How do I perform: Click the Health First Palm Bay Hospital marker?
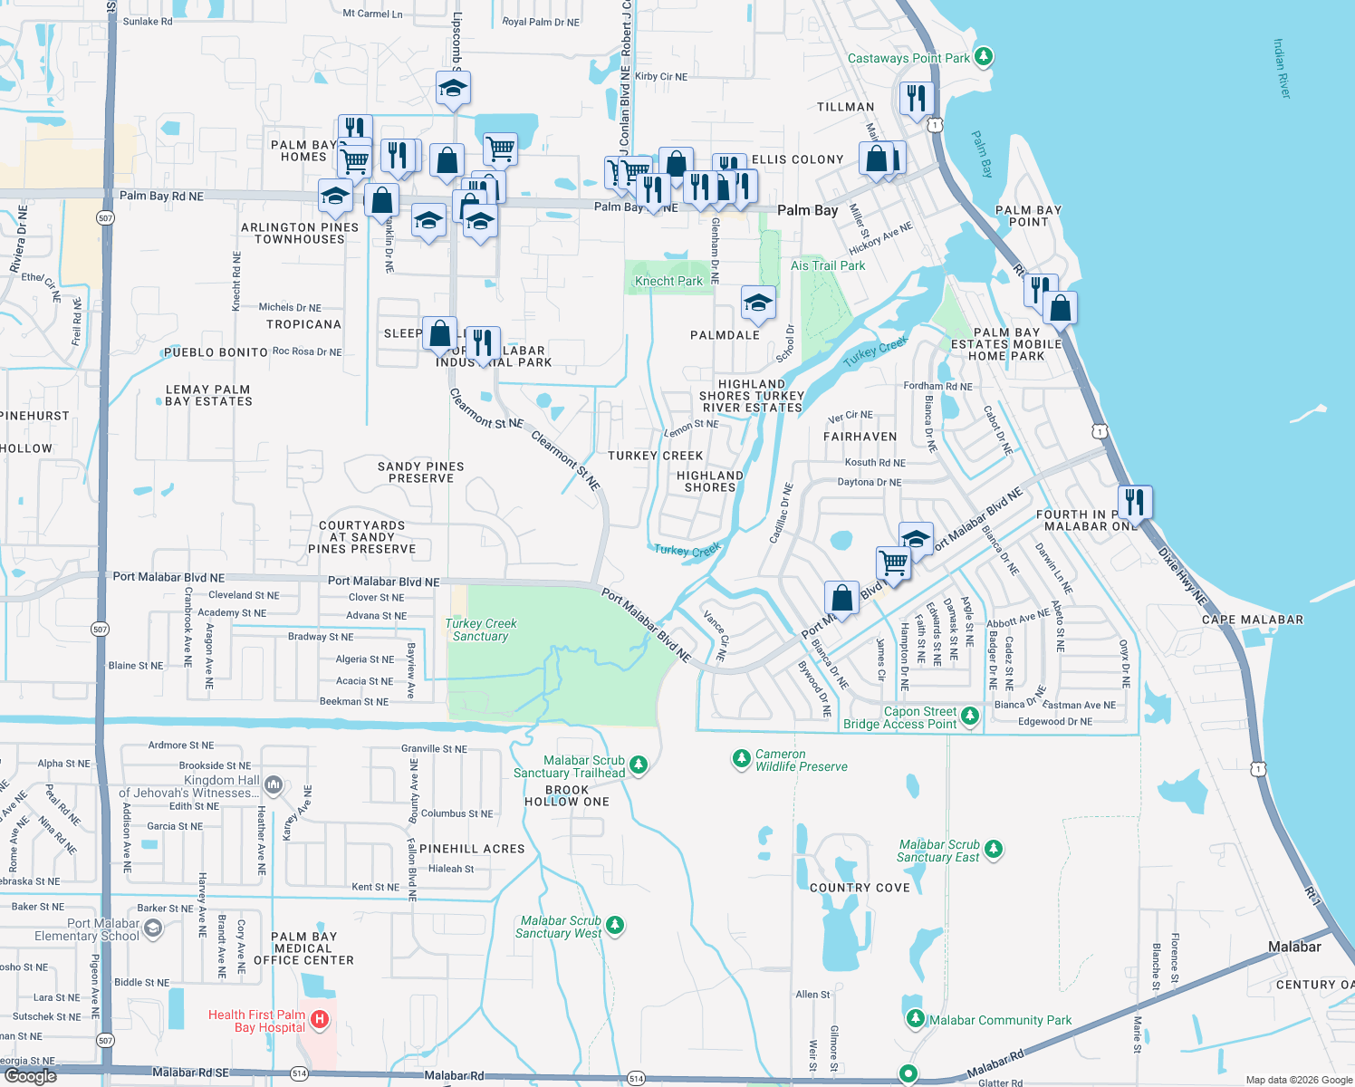pos(319,1020)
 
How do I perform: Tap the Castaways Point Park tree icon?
pos(984,57)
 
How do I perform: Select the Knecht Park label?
pos(668,281)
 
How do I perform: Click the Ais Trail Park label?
pos(828,265)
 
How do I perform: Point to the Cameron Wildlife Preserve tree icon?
pos(742,757)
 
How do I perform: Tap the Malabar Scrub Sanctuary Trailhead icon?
pos(639,765)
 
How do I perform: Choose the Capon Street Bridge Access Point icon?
pos(970,716)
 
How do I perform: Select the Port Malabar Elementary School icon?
pos(153,928)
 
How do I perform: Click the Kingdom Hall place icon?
pos(274,784)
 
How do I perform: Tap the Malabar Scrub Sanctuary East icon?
pos(994,849)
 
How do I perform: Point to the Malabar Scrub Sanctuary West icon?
pos(615,925)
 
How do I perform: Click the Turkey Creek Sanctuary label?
pos(481,630)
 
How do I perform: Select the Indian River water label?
pos(1282,69)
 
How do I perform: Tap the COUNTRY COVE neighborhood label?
pos(860,888)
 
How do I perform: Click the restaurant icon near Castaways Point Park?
pos(917,97)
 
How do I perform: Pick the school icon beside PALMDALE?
pos(757,303)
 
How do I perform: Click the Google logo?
pos(31,1076)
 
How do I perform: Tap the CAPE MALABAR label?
pos(1253,620)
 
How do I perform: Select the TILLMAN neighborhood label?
pos(846,107)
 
